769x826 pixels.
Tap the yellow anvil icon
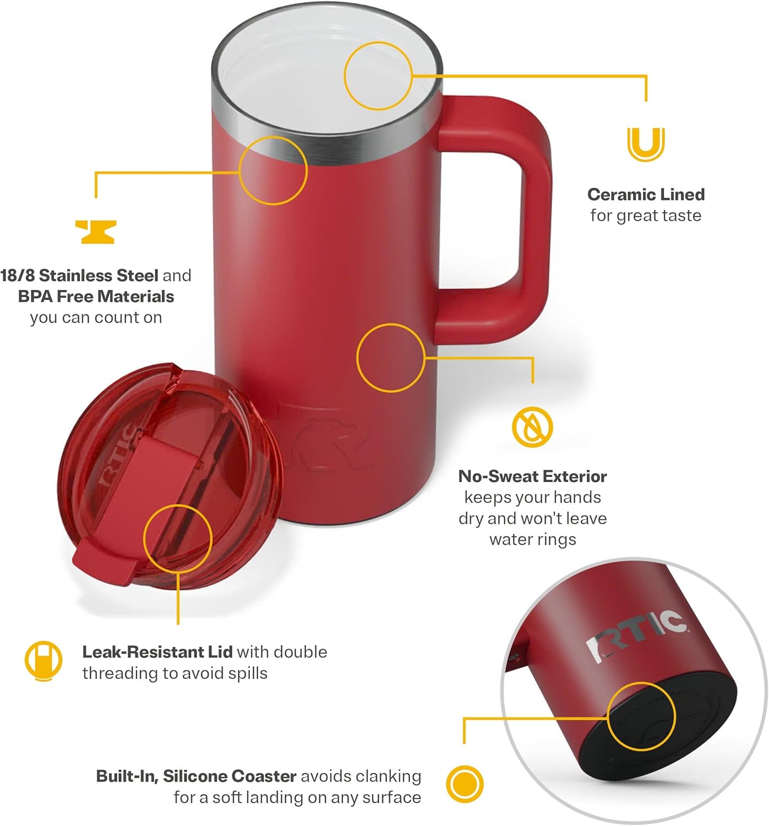[96, 232]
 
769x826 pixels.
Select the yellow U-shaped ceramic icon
[646, 144]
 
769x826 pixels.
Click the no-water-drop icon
[532, 427]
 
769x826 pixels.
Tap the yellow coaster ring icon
[465, 784]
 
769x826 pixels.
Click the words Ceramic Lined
[646, 194]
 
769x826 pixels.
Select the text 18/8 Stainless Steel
[79, 275]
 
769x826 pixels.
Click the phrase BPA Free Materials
[96, 296]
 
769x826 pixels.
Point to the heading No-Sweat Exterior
[532, 476]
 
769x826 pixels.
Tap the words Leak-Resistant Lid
[157, 652]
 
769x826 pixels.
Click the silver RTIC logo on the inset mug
[635, 635]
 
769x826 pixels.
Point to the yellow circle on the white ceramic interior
[378, 75]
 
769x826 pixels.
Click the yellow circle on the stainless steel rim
[273, 171]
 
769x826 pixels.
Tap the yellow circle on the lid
[178, 539]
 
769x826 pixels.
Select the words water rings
[532, 539]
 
